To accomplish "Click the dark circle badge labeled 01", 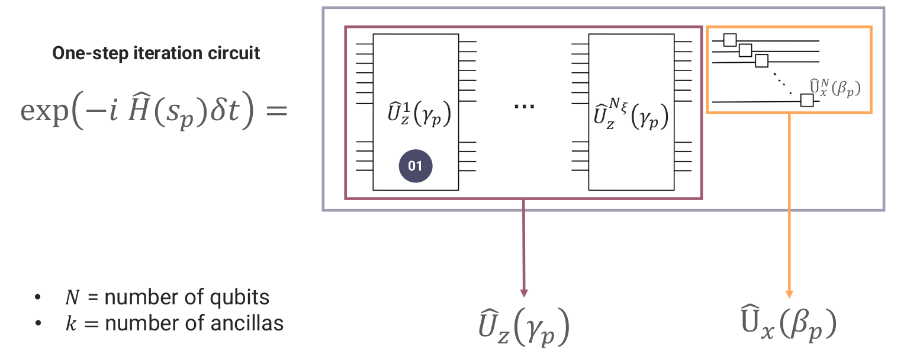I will (x=416, y=166).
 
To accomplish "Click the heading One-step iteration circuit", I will (x=156, y=54).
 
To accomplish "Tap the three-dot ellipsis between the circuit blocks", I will (x=524, y=107).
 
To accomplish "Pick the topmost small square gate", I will (x=730, y=40).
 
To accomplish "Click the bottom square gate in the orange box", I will (x=806, y=100).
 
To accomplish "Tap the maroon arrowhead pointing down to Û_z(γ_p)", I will (x=523, y=292).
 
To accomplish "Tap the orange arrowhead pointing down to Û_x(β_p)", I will (x=789, y=292).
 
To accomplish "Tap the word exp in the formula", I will (x=44, y=111).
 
